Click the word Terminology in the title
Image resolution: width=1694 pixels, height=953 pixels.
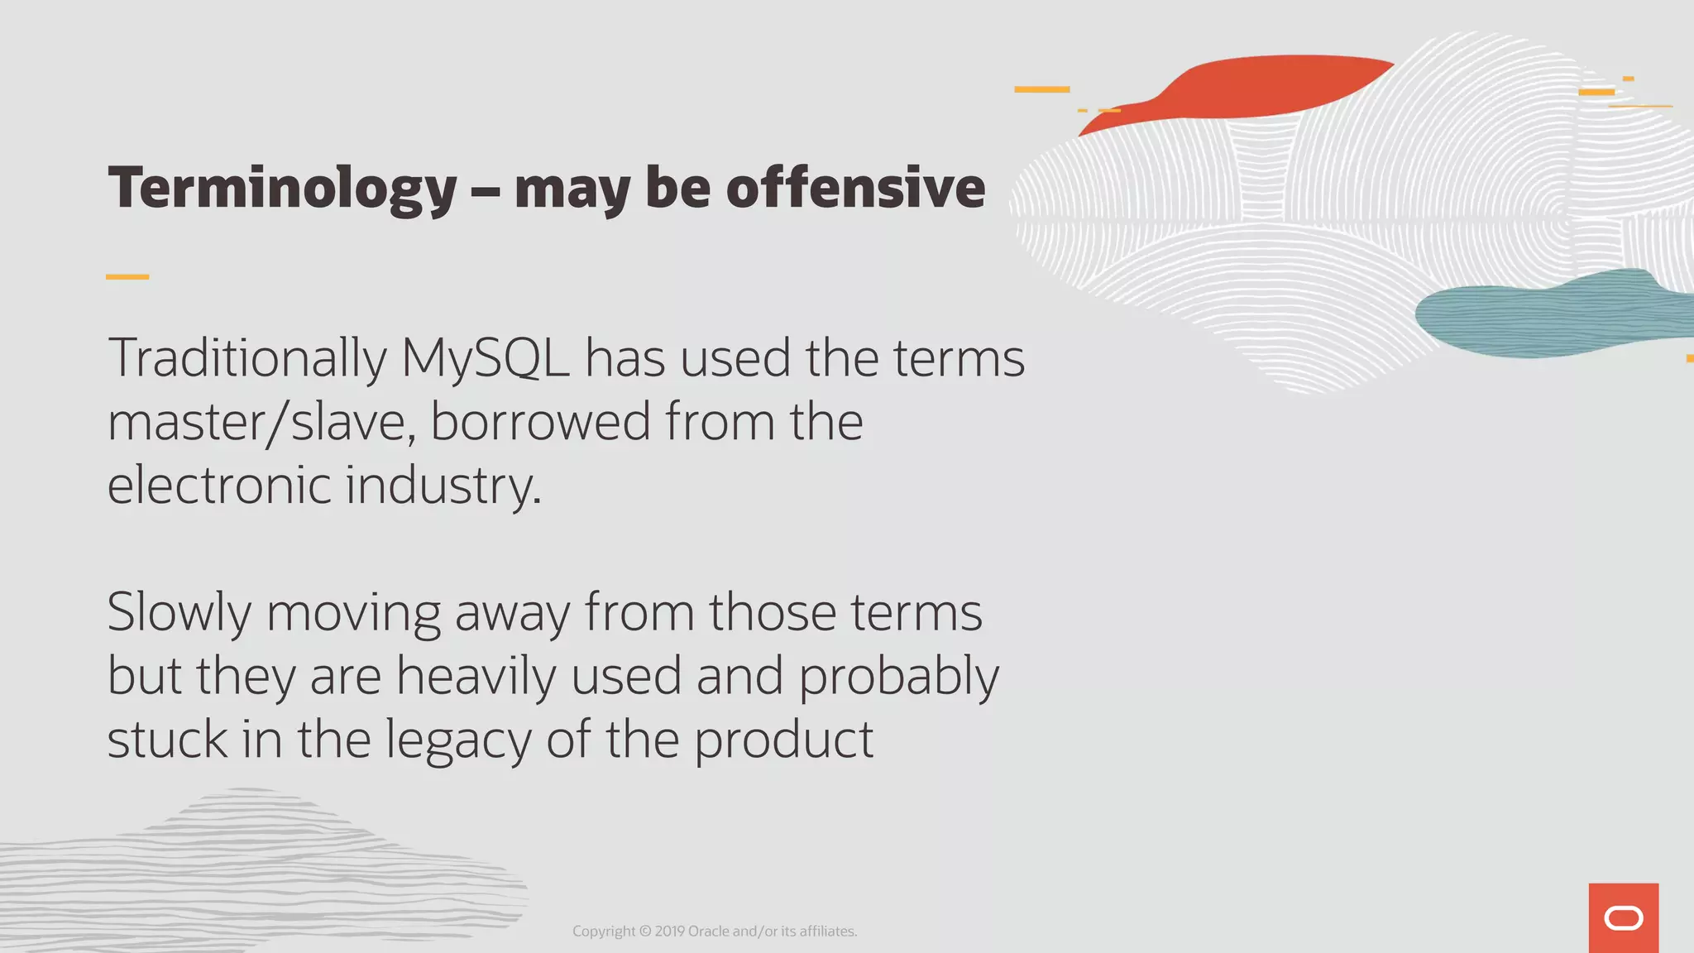pos(282,189)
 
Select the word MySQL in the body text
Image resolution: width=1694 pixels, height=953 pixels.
pos(485,359)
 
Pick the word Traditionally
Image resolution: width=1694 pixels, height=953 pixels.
pos(247,359)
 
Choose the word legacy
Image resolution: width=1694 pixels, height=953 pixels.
pos(458,741)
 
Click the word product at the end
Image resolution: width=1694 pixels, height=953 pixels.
pos(783,740)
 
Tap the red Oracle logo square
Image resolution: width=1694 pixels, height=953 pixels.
pos(1623,918)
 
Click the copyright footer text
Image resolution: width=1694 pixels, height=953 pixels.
pos(715,931)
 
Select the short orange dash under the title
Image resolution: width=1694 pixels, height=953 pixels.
pos(127,276)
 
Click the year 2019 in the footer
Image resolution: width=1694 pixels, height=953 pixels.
pos(669,931)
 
